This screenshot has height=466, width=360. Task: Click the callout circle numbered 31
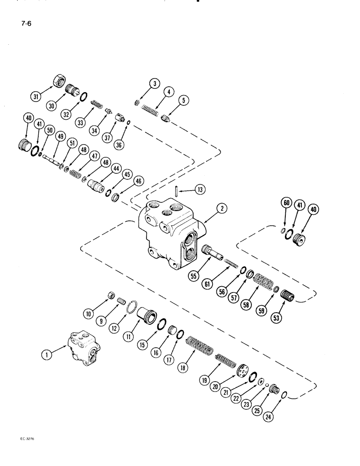click(x=35, y=96)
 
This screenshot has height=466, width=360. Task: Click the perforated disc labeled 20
click(x=242, y=372)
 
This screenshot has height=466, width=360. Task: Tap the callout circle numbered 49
click(x=60, y=137)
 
